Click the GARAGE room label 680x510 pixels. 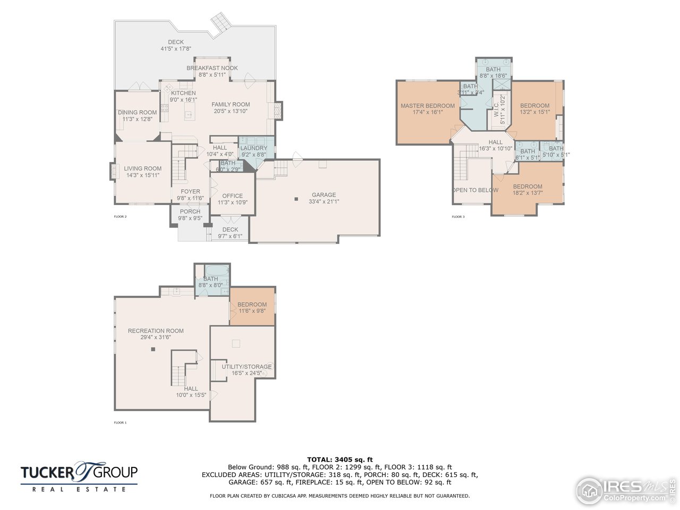coord(324,195)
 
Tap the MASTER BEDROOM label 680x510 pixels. coord(428,106)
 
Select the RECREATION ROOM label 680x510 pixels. coord(156,331)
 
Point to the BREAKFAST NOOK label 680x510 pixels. coord(212,68)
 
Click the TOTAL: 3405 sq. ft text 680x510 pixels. coord(340,460)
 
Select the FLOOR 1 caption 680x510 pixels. coord(120,423)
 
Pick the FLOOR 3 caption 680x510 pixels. coord(458,217)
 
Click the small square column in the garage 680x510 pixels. coord(296,199)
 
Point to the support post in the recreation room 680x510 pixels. coord(153,349)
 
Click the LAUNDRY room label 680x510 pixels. coord(254,148)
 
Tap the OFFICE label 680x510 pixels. coord(233,195)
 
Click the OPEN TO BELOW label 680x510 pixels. coord(475,190)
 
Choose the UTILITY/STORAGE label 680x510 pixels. coord(246,367)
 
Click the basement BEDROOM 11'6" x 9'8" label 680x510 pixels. coord(252,304)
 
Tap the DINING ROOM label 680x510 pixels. coord(137,112)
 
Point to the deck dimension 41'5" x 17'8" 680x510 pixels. coord(176,49)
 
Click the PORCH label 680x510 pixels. coord(190,211)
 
